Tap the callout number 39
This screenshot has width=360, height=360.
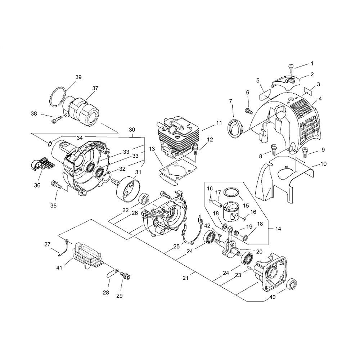78,77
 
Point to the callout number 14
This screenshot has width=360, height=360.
278,229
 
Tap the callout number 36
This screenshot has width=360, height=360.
37,185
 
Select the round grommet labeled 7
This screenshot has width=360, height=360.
235,127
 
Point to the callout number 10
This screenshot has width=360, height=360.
324,164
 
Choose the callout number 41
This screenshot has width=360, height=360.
59,267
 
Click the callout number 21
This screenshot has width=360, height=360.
185,278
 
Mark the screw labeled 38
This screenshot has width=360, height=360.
57,120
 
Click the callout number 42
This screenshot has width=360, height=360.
207,225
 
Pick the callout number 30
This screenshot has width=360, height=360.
132,130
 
